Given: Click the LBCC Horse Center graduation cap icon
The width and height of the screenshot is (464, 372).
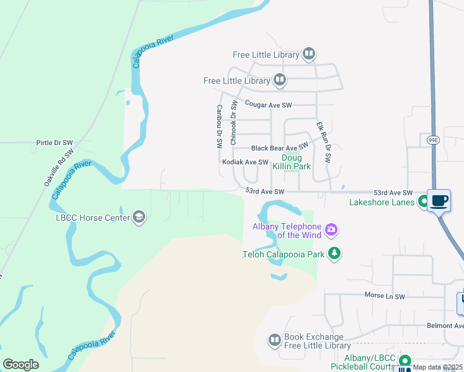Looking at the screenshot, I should [139, 217].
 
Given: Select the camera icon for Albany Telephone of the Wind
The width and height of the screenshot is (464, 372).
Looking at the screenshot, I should [331, 230].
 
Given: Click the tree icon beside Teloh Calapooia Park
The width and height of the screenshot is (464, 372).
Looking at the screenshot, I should [334, 253].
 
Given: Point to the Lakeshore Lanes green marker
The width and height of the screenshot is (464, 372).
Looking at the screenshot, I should [424, 201].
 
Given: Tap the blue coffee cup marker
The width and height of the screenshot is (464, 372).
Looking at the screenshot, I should [439, 201].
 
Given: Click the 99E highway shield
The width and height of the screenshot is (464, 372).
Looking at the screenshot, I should [432, 140].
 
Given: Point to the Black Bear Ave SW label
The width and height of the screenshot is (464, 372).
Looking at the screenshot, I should [279, 148].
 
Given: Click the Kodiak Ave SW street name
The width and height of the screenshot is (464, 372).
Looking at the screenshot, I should [245, 162].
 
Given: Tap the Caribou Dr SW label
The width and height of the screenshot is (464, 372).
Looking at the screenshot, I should [220, 126].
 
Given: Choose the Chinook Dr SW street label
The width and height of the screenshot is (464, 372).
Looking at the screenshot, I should [234, 123].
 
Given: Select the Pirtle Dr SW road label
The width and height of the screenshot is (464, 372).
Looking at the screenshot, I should [55, 142].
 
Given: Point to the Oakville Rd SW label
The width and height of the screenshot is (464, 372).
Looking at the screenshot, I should [58, 167].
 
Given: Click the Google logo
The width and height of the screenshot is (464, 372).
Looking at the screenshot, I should [20, 365].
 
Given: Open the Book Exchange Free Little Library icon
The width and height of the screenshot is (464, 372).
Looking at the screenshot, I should [275, 340].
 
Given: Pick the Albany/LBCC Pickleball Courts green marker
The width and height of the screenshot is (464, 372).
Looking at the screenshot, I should [405, 360].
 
